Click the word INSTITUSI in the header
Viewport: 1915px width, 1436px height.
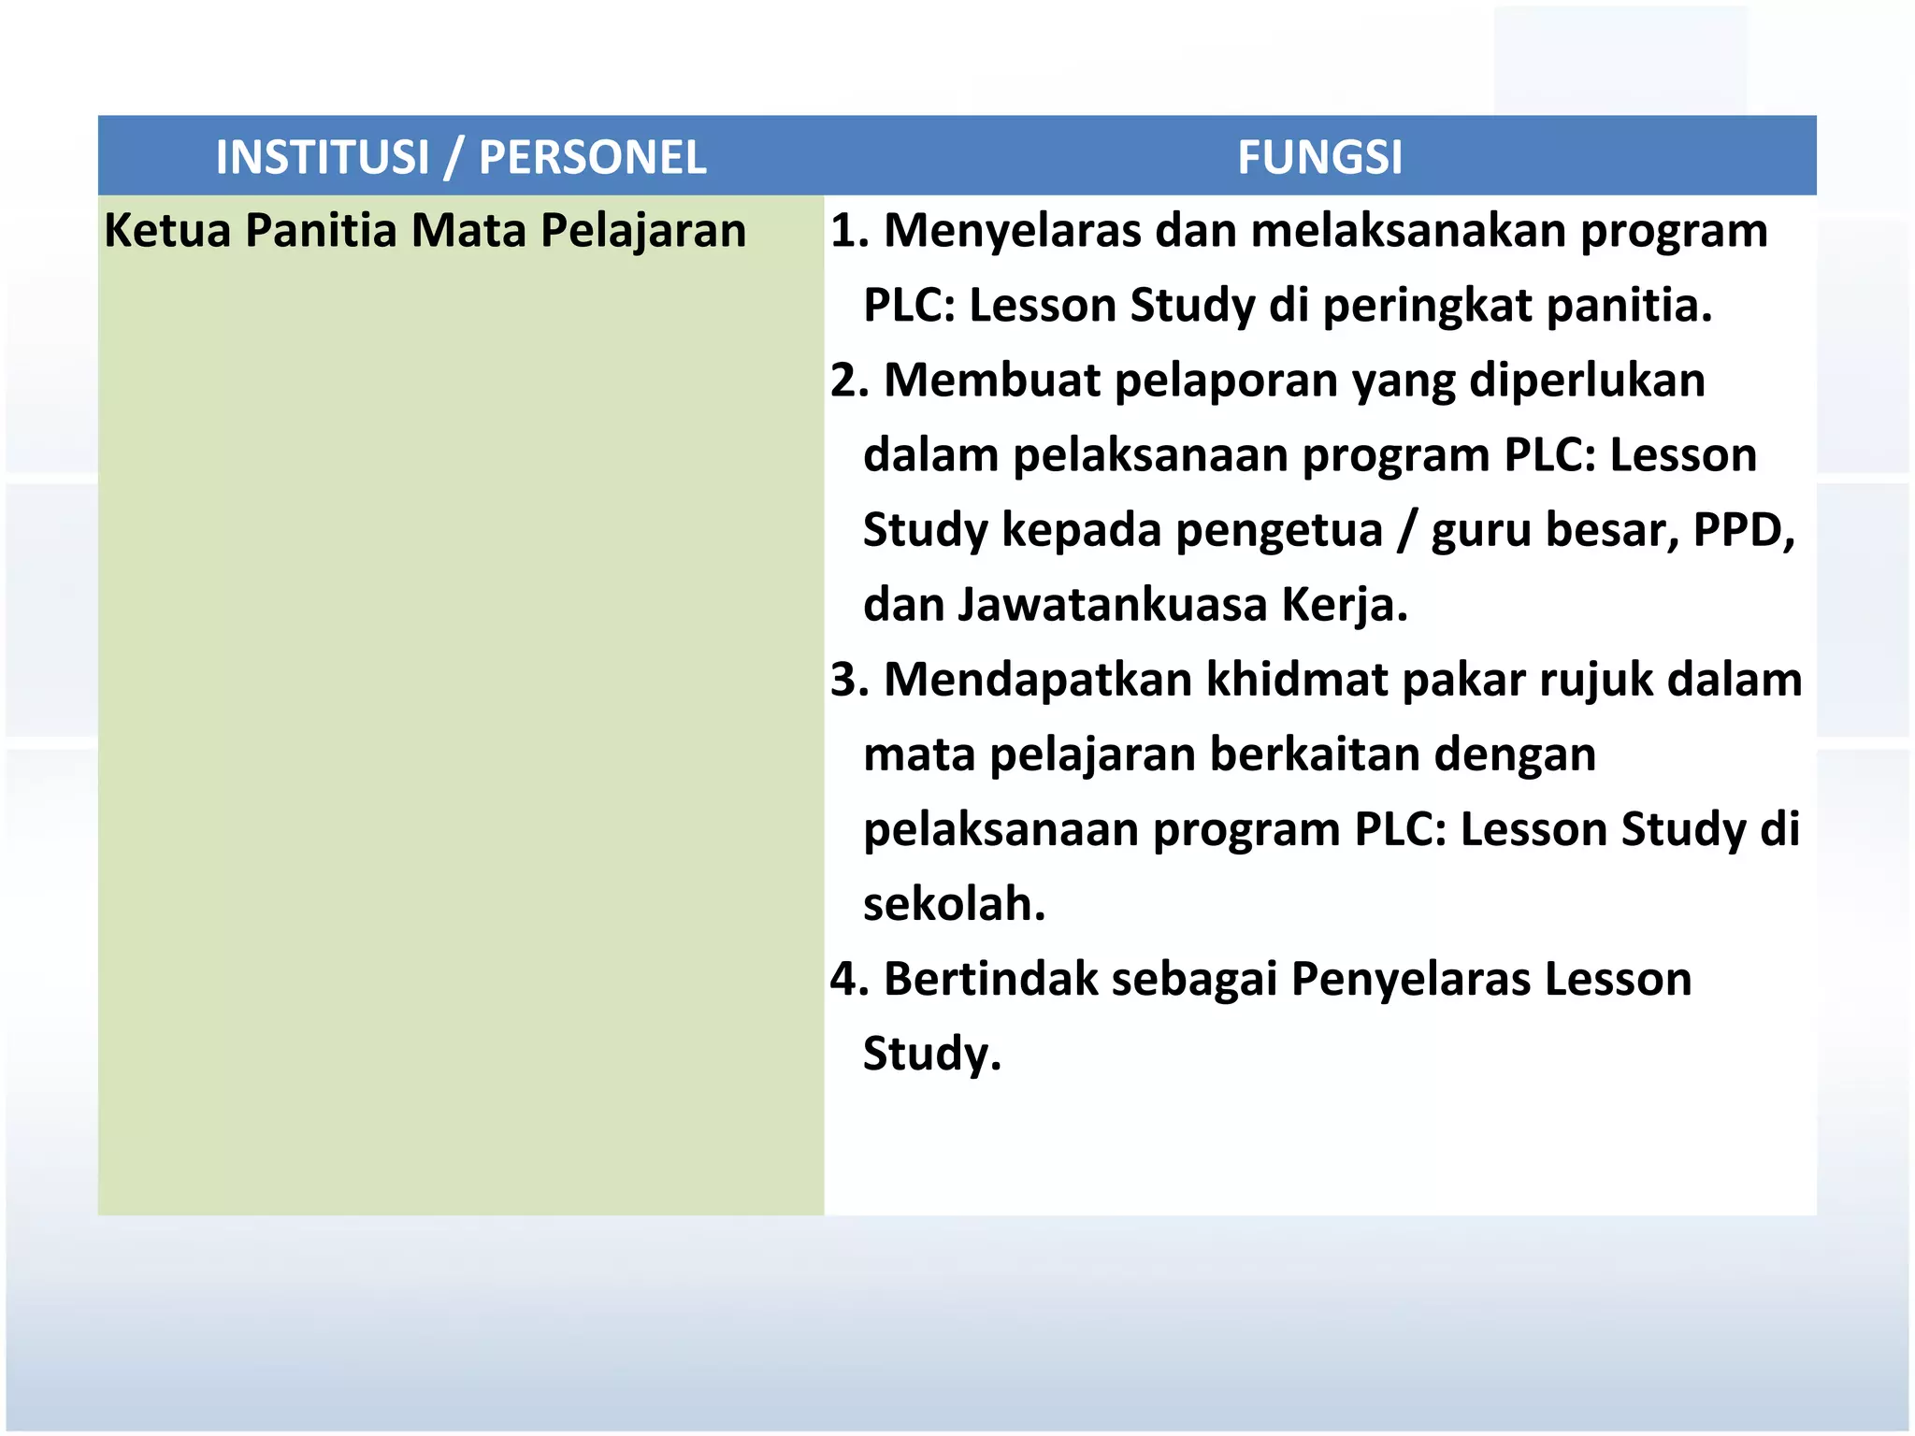click(323, 157)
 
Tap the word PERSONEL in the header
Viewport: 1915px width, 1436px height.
click(593, 157)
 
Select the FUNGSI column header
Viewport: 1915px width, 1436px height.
click(1319, 157)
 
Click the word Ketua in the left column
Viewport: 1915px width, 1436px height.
click(167, 231)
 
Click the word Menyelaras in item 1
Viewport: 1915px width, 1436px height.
click(1013, 231)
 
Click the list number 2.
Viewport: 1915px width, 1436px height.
click(847, 381)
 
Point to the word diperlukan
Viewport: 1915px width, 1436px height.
click(1587, 381)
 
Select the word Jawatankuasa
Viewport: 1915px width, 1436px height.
click(1112, 605)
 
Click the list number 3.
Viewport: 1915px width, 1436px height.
click(847, 680)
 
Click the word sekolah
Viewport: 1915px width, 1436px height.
click(953, 904)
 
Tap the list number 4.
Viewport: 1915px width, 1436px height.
click(847, 979)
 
